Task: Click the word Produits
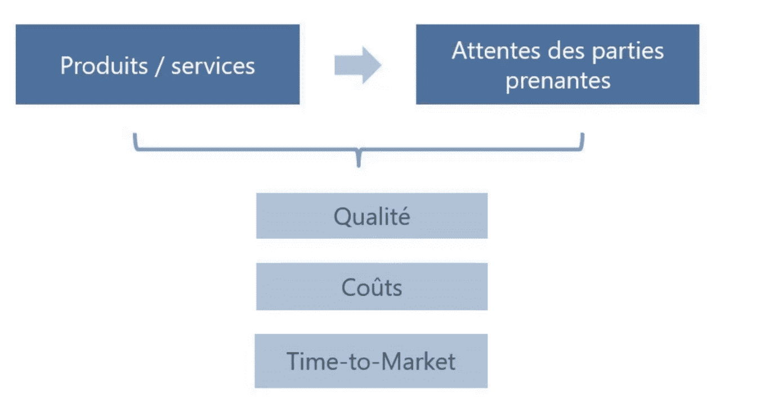tap(104, 65)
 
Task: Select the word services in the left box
tap(213, 66)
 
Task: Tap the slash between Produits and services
tap(159, 66)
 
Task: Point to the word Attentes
tap(496, 51)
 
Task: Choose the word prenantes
tap(558, 82)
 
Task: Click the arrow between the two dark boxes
tap(357, 65)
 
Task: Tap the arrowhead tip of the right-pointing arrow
tap(381, 65)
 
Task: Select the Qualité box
tap(372, 216)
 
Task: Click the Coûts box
tap(372, 286)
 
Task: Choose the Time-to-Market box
tap(371, 361)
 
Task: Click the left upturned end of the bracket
tap(135, 135)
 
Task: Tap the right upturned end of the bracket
tap(582, 135)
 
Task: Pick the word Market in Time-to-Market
tap(418, 361)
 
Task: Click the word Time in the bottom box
tap(311, 361)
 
